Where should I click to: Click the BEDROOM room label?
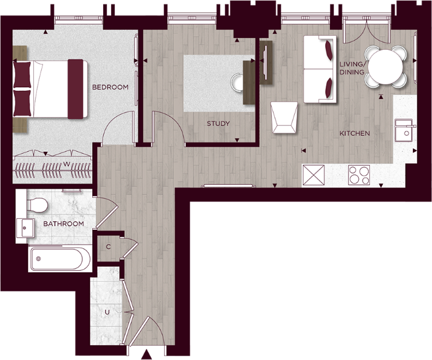click(110, 87)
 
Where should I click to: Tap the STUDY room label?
click(218, 123)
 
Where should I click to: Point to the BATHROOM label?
click(63, 224)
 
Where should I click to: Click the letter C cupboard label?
click(108, 247)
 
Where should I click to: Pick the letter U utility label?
click(108, 312)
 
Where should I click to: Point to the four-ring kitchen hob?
click(358, 176)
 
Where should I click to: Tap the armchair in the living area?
click(285, 117)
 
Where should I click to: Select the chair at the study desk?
click(237, 81)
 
